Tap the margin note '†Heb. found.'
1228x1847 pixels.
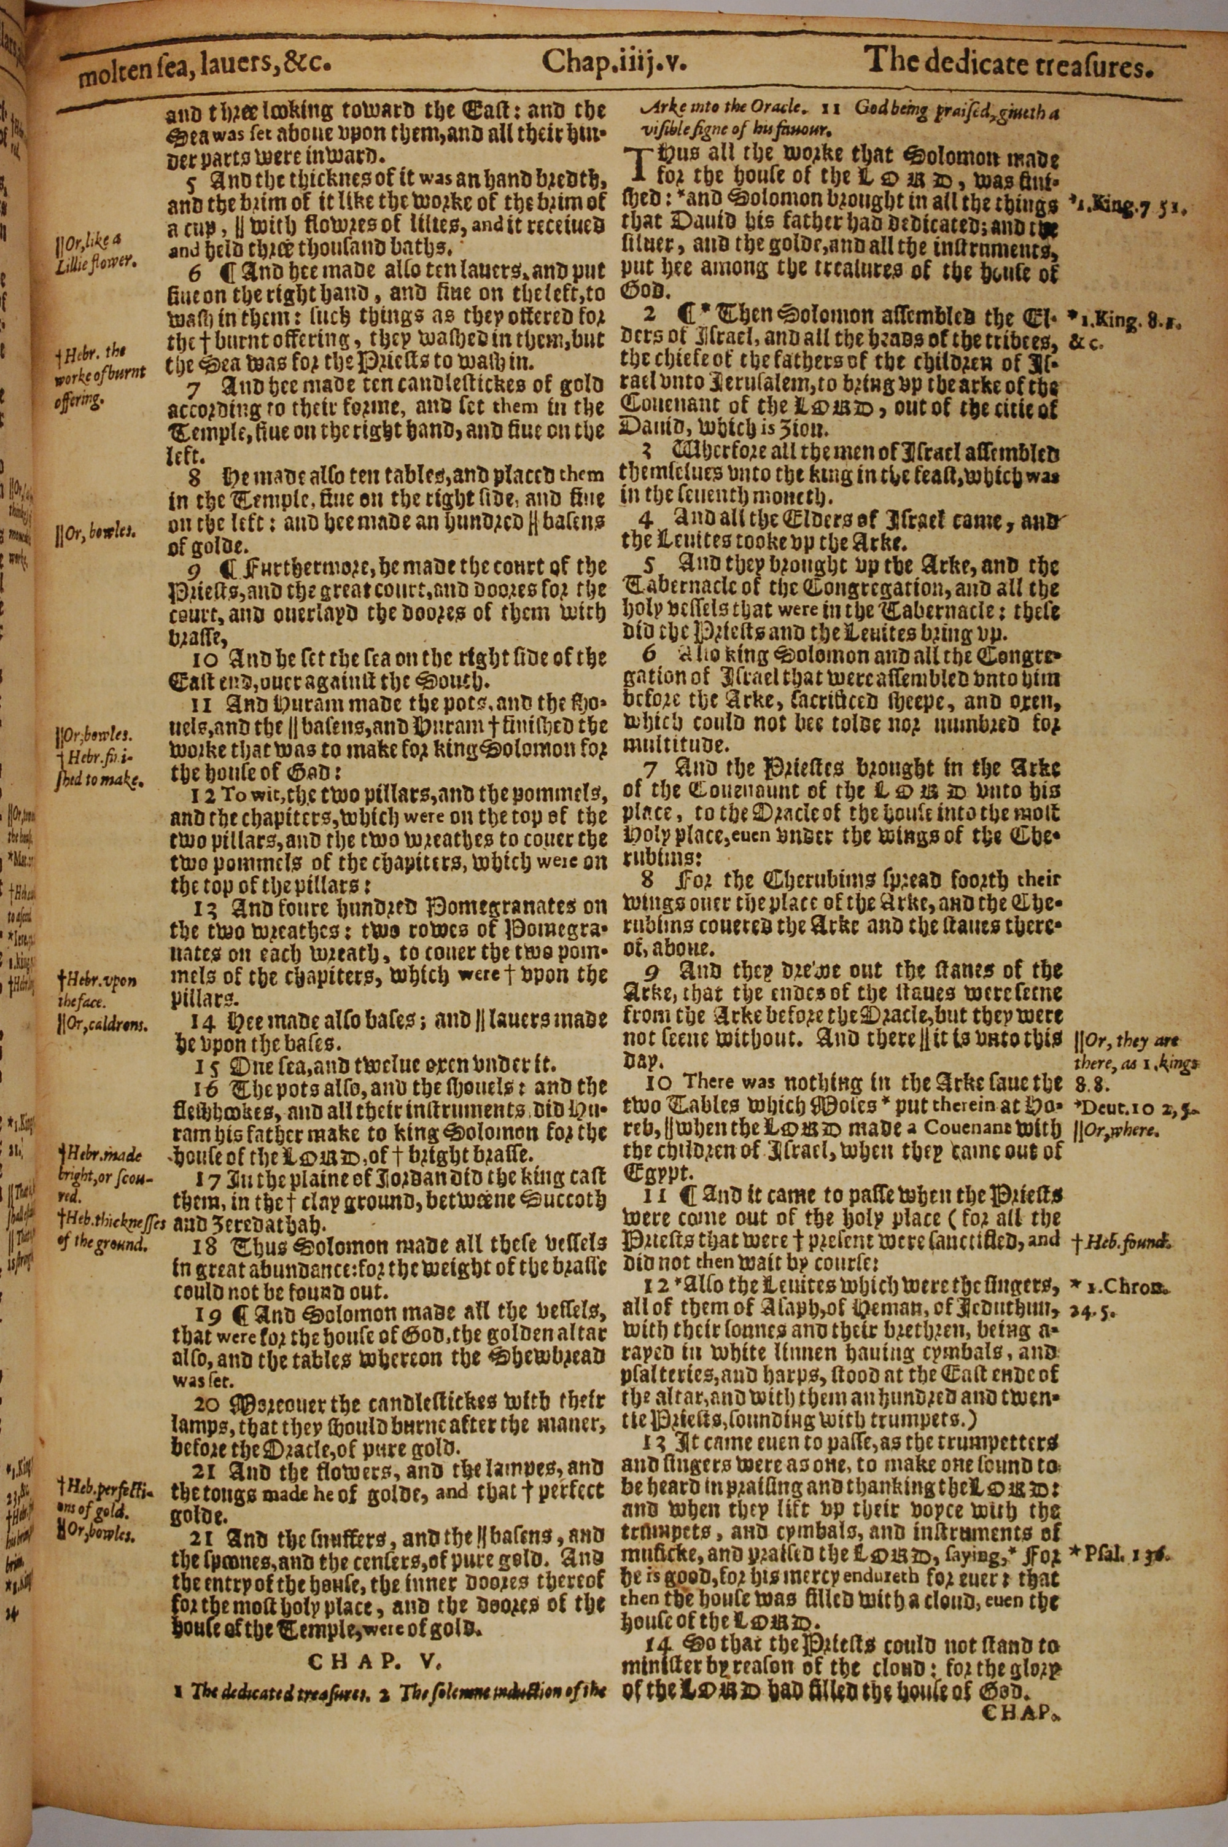(x=1121, y=1240)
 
